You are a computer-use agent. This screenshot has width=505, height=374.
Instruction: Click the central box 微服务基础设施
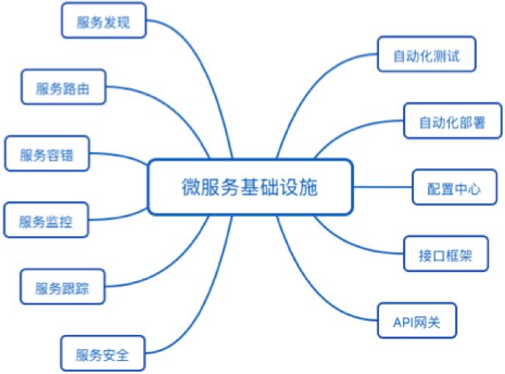(251, 187)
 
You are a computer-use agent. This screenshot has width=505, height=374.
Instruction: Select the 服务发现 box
(103, 20)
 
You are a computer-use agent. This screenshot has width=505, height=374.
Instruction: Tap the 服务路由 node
(64, 86)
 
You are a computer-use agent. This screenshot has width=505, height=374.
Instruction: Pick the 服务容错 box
(47, 153)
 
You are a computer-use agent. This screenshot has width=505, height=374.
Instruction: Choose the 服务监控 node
(46, 220)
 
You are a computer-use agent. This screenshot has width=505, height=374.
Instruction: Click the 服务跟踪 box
(62, 287)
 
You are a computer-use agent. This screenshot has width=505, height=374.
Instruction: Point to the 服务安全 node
(103, 354)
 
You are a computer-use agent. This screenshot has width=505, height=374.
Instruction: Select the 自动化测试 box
(426, 54)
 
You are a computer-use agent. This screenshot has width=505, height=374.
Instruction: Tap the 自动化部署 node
(453, 121)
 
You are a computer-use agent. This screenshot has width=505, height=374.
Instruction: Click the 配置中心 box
(454, 187)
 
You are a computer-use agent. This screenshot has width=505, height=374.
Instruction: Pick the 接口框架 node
(446, 254)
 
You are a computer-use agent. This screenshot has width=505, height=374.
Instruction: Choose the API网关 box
(417, 320)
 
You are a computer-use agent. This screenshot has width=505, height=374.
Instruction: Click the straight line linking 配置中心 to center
(383, 187)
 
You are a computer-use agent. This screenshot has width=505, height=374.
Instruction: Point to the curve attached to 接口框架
(351, 244)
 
